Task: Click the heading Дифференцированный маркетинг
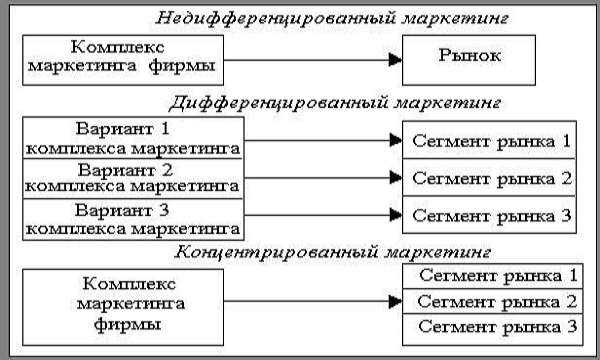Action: click(335, 102)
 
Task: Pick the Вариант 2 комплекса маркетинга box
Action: click(131, 177)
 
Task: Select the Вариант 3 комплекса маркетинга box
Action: click(131, 217)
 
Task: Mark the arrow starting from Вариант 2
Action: click(320, 180)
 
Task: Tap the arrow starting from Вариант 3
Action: click(320, 215)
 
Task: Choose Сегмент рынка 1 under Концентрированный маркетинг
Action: click(496, 274)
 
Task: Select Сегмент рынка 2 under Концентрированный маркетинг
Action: click(496, 300)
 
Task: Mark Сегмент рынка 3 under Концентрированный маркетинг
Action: click(496, 326)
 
